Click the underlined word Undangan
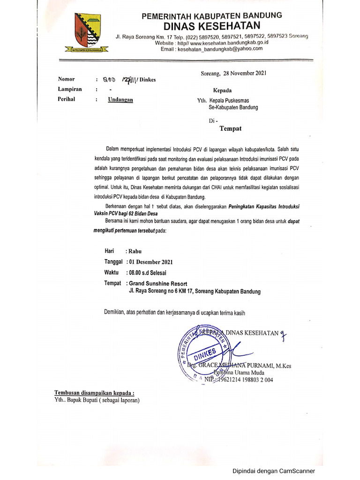tap(120, 100)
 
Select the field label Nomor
tap(66, 79)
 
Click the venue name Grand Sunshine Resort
tap(158, 284)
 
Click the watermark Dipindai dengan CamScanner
tap(274, 471)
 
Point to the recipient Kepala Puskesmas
tap(234, 100)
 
